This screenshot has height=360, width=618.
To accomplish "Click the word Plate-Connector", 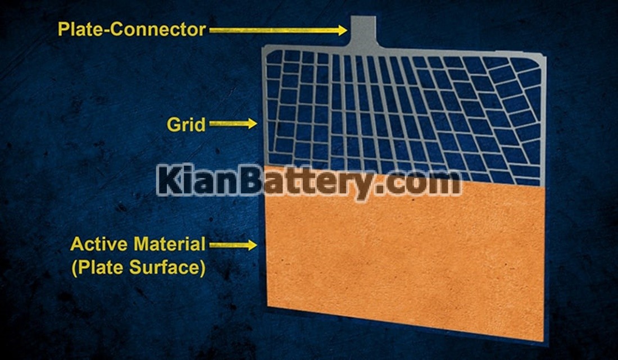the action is (x=131, y=30).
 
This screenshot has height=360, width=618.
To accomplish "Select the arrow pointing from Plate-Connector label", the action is (x=278, y=30).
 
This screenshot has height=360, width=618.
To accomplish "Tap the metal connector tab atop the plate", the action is (x=363, y=31).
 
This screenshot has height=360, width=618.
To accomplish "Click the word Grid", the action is (x=186, y=125).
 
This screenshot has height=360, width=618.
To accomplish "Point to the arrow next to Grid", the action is (x=233, y=124).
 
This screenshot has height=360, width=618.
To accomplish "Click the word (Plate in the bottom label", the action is (x=98, y=267).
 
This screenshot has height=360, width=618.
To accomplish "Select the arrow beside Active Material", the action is (x=233, y=245).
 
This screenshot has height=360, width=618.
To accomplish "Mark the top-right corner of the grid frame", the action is (x=544, y=55).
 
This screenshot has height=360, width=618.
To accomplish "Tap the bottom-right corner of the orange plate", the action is (x=543, y=341).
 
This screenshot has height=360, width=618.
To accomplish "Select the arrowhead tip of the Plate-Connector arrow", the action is (x=347, y=30).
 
